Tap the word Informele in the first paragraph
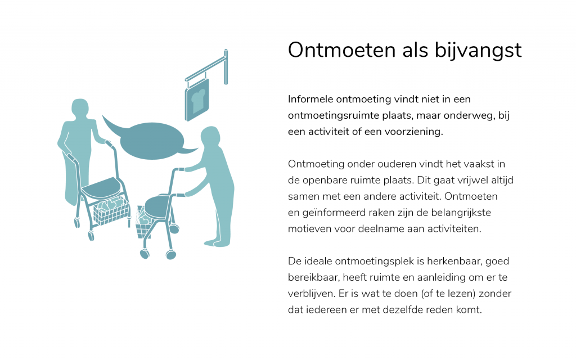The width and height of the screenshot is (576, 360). click(310, 99)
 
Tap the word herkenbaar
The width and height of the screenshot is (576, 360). click(454, 261)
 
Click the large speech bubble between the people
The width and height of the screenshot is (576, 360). click(151, 139)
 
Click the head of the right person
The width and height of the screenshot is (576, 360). click(210, 138)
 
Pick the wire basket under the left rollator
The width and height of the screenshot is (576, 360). click(111, 210)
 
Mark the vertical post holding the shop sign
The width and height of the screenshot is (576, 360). click(226, 67)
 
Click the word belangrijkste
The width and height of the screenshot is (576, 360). click(461, 213)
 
